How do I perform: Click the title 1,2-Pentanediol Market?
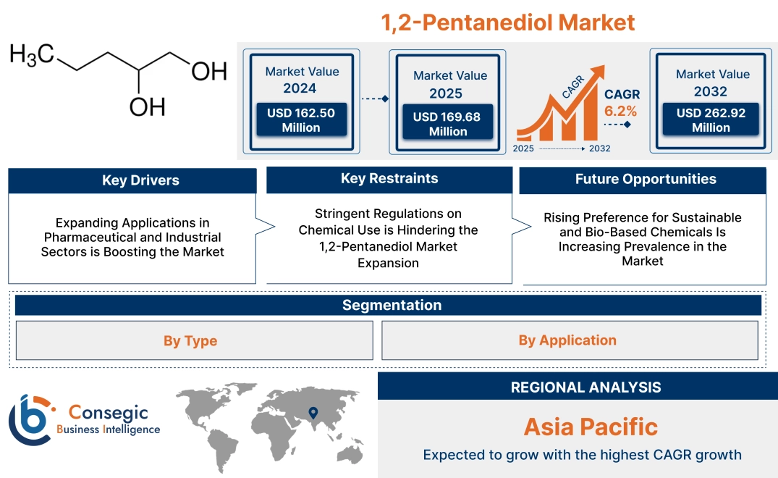[508, 22]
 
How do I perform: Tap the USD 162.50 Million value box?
[300, 120]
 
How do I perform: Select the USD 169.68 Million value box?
[447, 124]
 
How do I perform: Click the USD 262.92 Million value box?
[711, 120]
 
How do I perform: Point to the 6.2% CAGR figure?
[621, 111]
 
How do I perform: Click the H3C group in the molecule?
[32, 54]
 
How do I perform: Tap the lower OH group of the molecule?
[147, 106]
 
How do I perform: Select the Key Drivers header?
[132, 180]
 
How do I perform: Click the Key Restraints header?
[389, 179]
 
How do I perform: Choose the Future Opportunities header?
[643, 180]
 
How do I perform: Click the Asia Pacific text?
[591, 427]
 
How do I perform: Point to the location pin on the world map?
[313, 413]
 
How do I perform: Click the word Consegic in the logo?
[108, 413]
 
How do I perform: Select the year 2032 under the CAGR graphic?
[599, 148]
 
